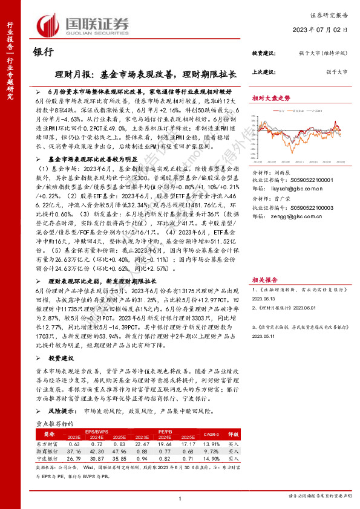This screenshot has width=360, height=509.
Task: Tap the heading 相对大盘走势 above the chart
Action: (x=270, y=97)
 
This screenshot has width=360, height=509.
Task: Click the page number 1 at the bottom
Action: (x=180, y=497)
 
